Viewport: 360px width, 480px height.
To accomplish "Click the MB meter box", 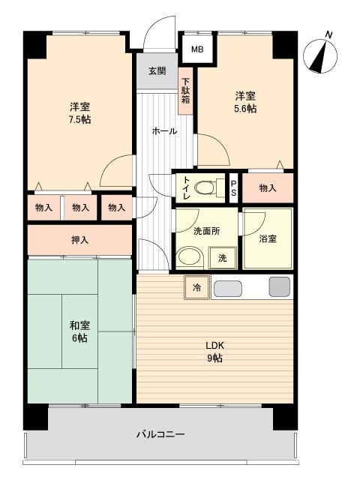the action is (197, 49).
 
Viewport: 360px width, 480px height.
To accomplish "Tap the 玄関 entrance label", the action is (157, 71).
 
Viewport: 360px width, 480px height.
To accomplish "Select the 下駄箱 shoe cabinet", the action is (186, 91).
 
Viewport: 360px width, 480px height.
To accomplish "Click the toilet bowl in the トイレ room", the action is (204, 187).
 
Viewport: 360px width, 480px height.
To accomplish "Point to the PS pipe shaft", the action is (233, 188).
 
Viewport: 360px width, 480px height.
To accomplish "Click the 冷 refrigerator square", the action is (197, 287).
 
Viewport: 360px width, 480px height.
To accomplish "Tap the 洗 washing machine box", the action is (223, 258).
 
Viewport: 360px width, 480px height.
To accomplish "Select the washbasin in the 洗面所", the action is (190, 257).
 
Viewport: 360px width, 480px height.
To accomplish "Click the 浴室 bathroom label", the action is (268, 238).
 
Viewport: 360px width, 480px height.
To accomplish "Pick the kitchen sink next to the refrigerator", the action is (228, 289).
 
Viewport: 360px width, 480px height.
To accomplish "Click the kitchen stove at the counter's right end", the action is (280, 286).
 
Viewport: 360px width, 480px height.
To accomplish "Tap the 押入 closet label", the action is (80, 240).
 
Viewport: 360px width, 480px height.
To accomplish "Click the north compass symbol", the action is (320, 56).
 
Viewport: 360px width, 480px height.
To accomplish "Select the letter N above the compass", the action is (328, 34).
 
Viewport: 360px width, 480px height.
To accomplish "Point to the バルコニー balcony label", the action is (160, 434).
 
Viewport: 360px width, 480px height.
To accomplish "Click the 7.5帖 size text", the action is (79, 119).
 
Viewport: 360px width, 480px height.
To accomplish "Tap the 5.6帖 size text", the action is (245, 109).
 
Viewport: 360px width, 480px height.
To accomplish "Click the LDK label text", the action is (214, 346).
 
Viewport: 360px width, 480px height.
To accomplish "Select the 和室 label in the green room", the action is (80, 325).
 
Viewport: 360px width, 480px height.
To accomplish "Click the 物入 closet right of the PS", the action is (268, 188).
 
